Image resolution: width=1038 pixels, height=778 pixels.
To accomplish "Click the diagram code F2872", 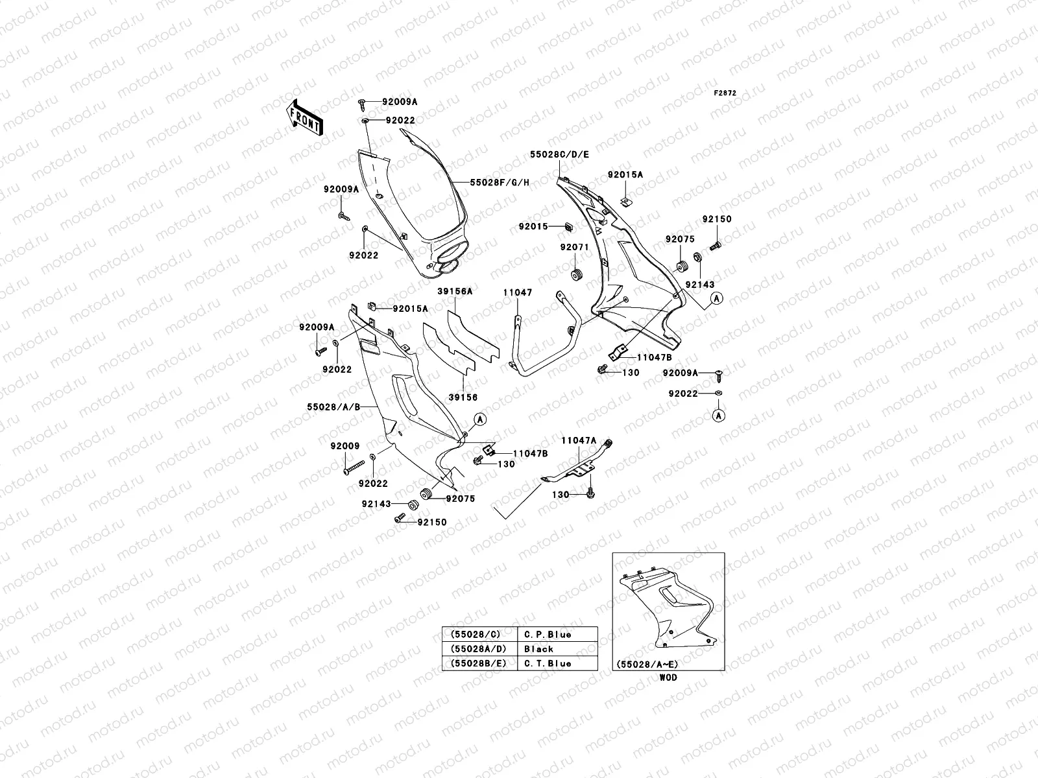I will [726, 93].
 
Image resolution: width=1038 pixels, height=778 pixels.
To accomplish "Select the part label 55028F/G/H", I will [500, 183].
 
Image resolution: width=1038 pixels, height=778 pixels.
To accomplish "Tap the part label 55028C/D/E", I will [559, 154].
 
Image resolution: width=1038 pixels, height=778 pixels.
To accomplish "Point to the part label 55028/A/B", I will [333, 407].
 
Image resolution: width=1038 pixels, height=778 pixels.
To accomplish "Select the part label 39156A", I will [454, 292].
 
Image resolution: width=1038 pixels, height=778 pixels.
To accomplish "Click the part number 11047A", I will [579, 440].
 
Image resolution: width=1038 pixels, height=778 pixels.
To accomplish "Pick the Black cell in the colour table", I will [538, 648].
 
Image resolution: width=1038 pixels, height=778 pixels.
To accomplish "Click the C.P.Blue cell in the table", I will [547, 634].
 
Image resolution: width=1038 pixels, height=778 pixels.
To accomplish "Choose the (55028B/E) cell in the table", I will [479, 663].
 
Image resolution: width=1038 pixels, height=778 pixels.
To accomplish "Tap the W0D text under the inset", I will [668, 678].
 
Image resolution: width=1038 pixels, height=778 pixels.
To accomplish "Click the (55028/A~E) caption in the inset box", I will [646, 665].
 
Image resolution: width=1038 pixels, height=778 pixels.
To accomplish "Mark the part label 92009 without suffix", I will [344, 446].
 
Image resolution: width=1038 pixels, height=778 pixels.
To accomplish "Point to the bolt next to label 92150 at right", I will [717, 246].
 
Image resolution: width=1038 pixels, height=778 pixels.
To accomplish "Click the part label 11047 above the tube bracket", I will [517, 293].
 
